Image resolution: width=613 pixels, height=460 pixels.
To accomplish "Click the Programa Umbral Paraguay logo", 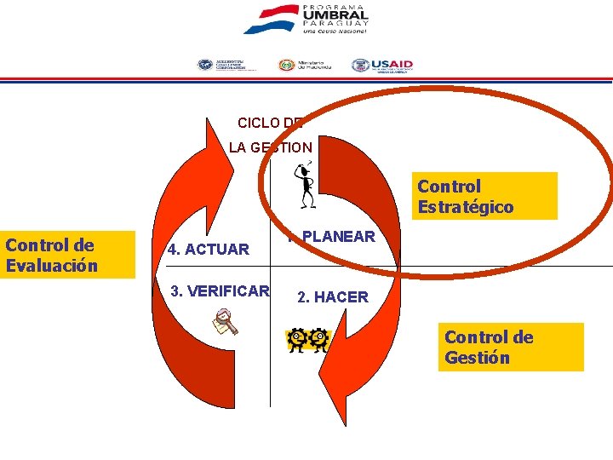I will (x=306, y=20).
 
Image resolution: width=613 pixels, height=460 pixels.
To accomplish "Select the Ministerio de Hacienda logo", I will (x=304, y=66).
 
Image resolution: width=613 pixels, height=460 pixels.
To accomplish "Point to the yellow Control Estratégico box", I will (x=486, y=196).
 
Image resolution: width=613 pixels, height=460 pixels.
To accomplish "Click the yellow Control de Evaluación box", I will (x=68, y=255).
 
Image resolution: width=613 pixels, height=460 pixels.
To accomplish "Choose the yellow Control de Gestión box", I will (x=513, y=347).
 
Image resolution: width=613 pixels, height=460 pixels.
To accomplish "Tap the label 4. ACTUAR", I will (x=209, y=250).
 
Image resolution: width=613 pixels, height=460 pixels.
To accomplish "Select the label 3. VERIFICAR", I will (x=220, y=290).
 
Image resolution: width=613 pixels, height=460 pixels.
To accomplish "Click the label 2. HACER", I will (x=332, y=297).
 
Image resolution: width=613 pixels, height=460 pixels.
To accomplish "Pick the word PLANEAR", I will (x=338, y=237).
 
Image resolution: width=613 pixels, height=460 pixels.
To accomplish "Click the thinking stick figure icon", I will (x=304, y=184).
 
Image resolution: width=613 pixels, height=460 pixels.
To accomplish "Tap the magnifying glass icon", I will (x=226, y=323).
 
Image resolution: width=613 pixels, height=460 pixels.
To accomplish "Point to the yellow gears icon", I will (x=307, y=340).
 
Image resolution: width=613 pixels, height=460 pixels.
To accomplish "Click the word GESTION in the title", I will (x=283, y=147).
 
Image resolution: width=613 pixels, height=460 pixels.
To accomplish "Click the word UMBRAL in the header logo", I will (x=335, y=14).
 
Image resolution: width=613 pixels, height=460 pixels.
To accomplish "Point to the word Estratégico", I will (x=465, y=207).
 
